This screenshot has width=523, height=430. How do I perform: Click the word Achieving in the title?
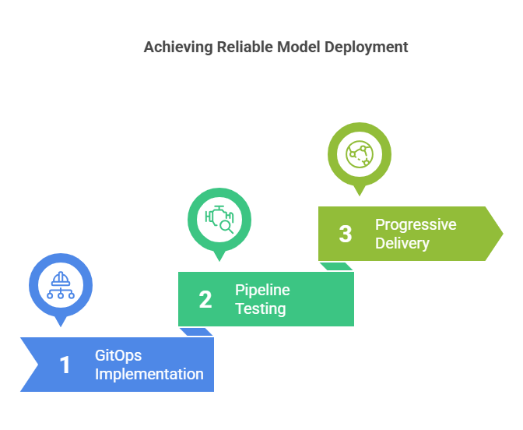pos(178,48)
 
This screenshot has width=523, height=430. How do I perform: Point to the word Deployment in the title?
pos(367,48)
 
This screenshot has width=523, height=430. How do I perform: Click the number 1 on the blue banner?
pos(65,365)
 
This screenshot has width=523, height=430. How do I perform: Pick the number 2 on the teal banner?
pos(205,299)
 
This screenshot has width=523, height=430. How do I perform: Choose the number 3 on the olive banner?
pos(346,234)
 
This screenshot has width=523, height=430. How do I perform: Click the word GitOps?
pos(118,356)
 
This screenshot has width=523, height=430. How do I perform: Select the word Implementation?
pos(149,374)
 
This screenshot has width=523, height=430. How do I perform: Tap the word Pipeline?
pos(262,291)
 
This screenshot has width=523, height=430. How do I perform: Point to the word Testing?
pos(261,308)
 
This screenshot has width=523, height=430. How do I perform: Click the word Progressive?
pos(416,225)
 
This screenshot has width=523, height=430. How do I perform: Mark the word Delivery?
pos(402,243)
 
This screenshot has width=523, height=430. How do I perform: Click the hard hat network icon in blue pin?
pos(61,285)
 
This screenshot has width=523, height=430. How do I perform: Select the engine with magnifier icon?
pos(219,220)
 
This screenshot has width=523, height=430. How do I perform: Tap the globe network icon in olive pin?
pos(360,154)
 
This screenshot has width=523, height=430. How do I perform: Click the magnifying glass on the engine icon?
pos(226,227)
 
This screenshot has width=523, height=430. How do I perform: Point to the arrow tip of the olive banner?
pos(503,234)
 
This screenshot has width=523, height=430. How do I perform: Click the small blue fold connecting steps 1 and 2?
pos(196,332)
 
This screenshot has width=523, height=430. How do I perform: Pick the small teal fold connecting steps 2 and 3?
pos(336,266)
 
